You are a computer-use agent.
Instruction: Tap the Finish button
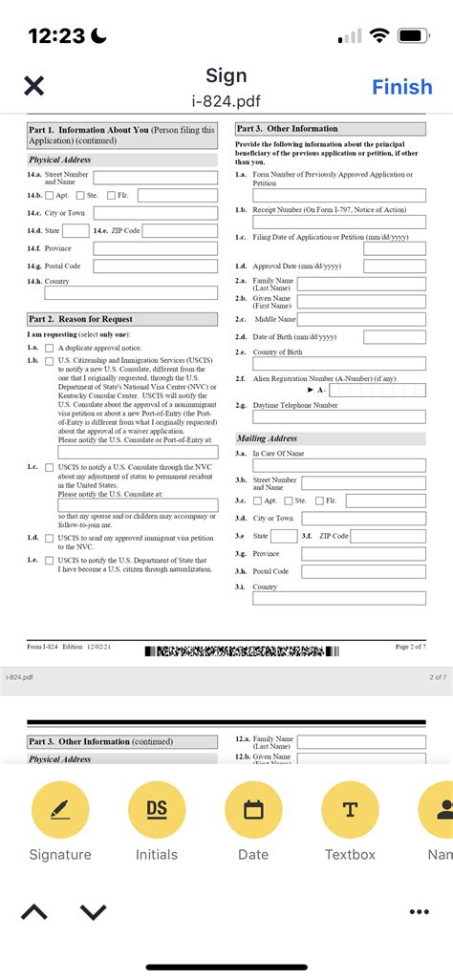click(401, 87)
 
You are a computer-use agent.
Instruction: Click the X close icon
click(33, 86)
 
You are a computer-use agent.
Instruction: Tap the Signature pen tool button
click(60, 810)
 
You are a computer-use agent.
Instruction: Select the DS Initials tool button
click(157, 810)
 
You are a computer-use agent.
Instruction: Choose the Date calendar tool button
click(253, 810)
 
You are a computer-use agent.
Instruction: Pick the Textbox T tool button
click(350, 810)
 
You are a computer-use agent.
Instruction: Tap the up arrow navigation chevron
click(33, 912)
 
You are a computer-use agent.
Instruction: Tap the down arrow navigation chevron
click(93, 912)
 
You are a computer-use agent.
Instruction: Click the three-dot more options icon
click(419, 912)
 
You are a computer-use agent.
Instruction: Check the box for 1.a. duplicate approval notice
click(49, 349)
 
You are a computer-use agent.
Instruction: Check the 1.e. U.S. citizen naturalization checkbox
click(49, 561)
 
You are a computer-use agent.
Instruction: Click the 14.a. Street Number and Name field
click(155, 178)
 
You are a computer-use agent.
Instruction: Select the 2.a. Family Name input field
click(361, 284)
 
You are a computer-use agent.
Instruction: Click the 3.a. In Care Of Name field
click(339, 465)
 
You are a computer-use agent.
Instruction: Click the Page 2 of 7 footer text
click(410, 647)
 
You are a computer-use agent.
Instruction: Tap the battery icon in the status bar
click(412, 35)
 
